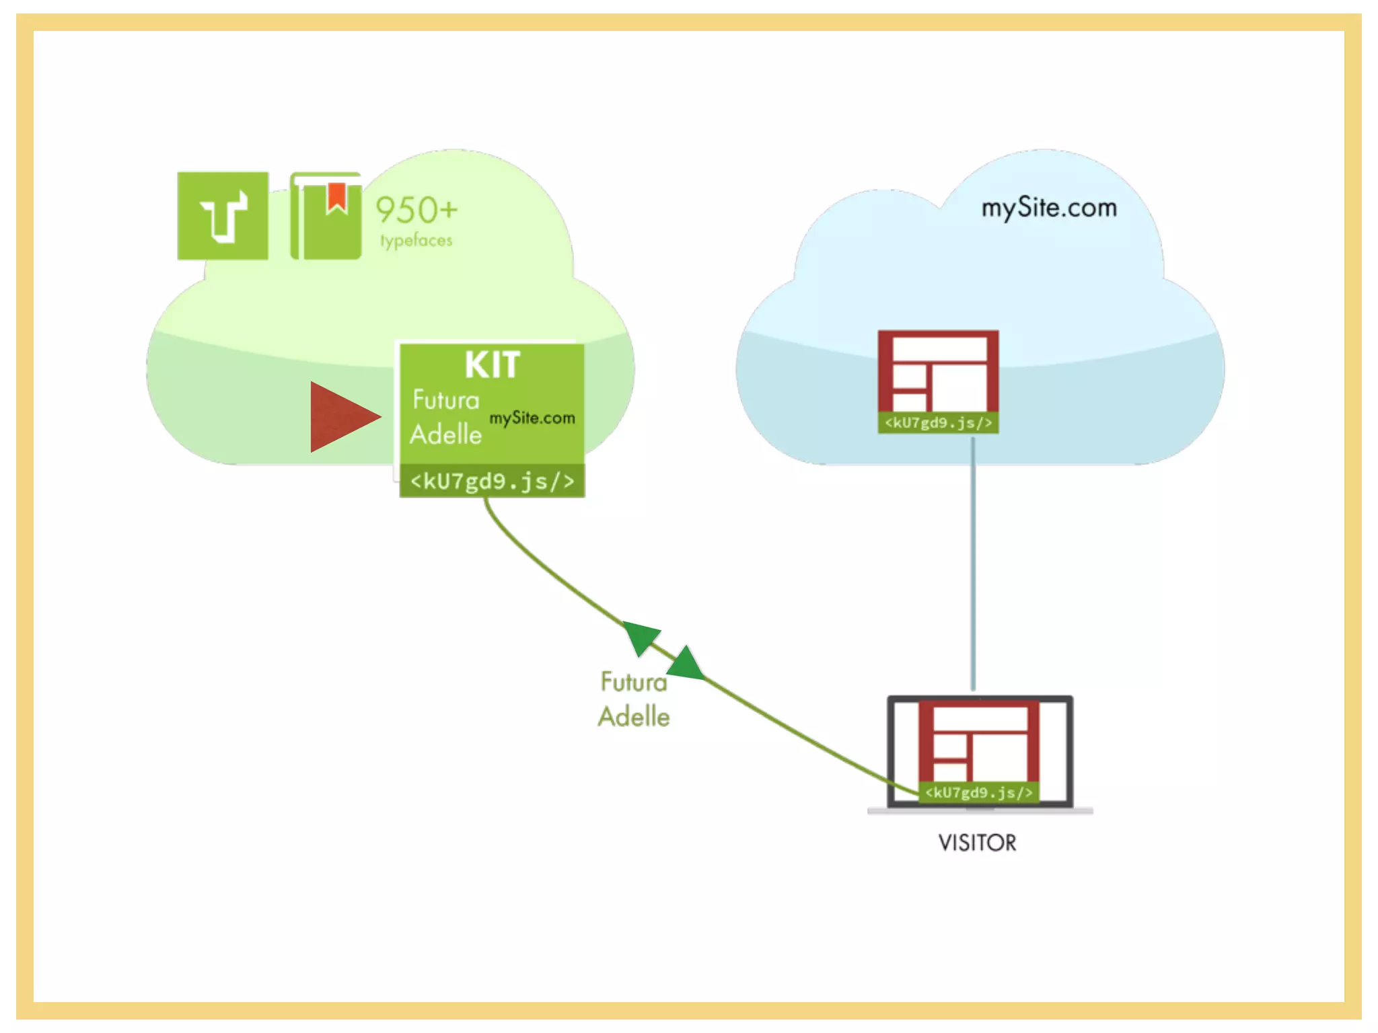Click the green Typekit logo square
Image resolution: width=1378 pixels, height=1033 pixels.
click(223, 216)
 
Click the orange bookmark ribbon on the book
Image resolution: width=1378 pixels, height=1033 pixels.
click(336, 196)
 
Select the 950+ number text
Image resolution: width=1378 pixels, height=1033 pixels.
click(416, 210)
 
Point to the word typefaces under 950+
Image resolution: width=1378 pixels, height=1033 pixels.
click(416, 240)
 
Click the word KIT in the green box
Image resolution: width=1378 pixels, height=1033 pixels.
click(492, 365)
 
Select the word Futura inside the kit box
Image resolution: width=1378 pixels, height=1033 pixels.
click(445, 400)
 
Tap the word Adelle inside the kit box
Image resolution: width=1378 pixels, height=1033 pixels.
click(445, 434)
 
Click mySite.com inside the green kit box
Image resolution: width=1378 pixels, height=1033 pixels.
click(532, 418)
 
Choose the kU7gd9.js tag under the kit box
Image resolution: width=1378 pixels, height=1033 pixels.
click(492, 481)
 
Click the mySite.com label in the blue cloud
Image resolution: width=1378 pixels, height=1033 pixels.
click(1049, 208)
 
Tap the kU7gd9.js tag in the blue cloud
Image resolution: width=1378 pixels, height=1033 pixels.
click(938, 422)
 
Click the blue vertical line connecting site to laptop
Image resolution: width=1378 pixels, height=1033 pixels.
click(973, 565)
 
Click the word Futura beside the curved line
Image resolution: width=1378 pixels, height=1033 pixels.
click(633, 682)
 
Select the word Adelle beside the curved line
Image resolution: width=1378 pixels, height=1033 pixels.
click(633, 717)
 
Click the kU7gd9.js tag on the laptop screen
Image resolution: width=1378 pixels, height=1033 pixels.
click(978, 792)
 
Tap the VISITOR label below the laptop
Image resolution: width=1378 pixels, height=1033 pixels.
click(977, 843)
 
